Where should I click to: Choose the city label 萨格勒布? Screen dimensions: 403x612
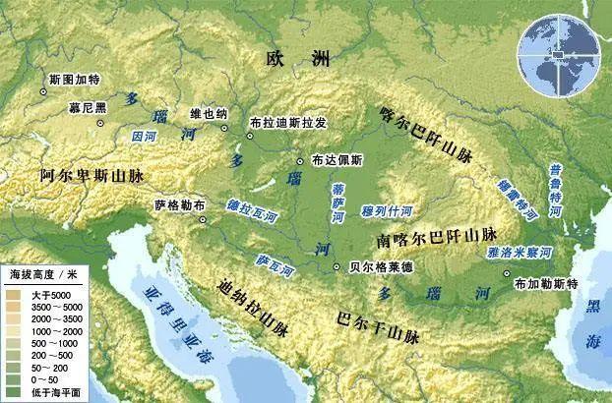(181, 206)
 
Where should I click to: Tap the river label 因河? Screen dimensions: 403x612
(143, 134)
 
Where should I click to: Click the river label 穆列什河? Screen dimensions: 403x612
(387, 209)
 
